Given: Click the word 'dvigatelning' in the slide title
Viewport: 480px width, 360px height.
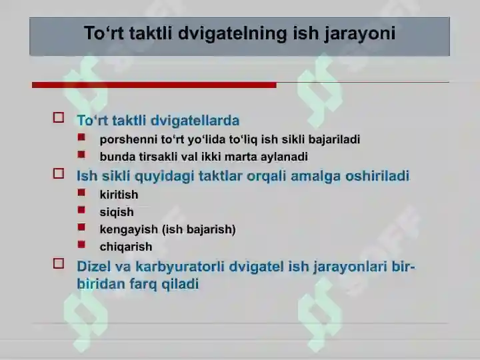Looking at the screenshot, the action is pos(233,33).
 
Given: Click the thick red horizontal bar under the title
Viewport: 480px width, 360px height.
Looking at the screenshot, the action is pos(154,85).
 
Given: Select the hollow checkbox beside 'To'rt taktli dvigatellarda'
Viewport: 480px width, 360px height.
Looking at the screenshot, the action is pos(59,117).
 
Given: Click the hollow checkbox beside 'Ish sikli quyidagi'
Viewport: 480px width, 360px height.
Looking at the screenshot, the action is pos(59,173).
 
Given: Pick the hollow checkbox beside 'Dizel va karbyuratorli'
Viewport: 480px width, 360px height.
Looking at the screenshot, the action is pos(59,263).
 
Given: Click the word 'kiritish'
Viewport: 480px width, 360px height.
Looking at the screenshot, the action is pos(119,195).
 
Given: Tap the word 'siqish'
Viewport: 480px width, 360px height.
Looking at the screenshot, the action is pos(117,212).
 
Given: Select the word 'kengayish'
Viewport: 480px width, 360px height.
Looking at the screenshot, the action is pos(129,229).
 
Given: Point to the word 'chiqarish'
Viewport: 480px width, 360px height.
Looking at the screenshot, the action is pos(126,247).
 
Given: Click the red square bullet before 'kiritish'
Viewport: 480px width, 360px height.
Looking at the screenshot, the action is pos(81,193).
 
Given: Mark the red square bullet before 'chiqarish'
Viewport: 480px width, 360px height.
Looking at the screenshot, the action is pos(81,245).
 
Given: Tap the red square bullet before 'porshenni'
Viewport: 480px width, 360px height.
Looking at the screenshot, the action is pos(81,137).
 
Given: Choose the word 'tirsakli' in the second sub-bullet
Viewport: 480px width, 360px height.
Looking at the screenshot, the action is pos(158,157).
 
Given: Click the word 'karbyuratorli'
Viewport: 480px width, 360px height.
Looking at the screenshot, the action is pos(180,267).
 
